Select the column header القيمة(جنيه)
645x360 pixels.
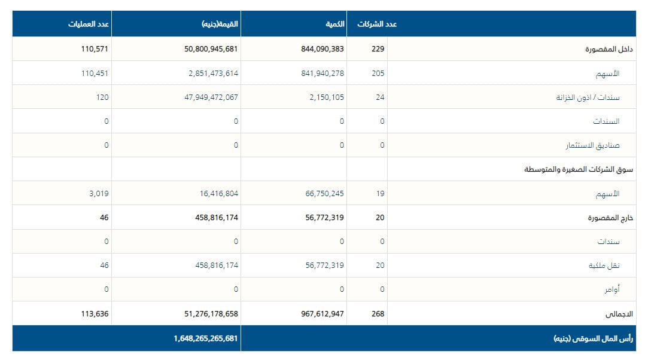[220, 24]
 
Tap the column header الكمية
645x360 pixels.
[334, 24]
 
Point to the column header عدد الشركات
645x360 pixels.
[377, 24]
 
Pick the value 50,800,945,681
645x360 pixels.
[211, 49]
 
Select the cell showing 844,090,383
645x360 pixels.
[322, 49]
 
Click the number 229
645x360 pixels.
[378, 49]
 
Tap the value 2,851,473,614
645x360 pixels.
[213, 73]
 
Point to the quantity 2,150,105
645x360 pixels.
[327, 97]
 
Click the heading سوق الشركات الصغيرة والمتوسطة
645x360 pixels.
[579, 169]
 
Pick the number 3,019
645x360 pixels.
[99, 193]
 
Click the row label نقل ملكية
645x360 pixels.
[604, 266]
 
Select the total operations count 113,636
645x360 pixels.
[95, 313]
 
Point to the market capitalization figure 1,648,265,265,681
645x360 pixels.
[206, 338]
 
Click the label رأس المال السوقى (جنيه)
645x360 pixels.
[594, 338]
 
